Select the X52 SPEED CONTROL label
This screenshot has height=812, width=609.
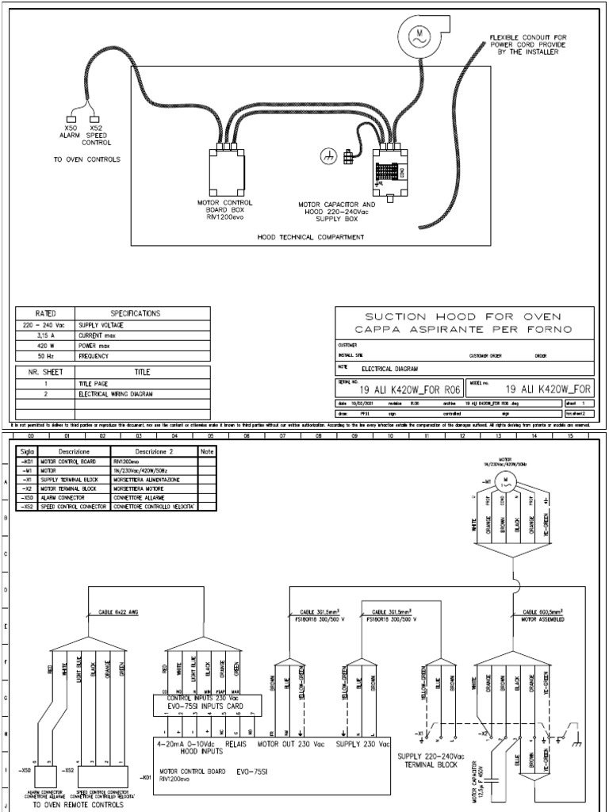point(96,135)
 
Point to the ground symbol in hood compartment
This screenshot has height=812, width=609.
point(326,157)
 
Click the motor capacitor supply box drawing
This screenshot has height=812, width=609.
point(392,170)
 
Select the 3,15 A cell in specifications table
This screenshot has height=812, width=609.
point(44,335)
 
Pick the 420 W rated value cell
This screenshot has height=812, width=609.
point(44,347)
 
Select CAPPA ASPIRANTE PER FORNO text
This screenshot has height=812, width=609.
point(465,329)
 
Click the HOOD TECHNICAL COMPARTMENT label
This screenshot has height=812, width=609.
point(311,236)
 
